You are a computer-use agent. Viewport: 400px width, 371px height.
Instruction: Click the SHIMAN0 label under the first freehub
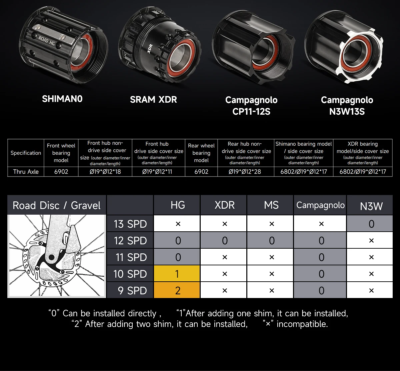(62, 99)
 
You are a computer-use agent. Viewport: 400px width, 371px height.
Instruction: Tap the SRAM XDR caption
(153, 100)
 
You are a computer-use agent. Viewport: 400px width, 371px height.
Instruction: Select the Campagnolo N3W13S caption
(347, 106)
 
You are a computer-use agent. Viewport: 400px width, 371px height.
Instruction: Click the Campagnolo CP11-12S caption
(251, 106)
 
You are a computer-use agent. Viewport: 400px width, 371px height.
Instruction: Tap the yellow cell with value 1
(177, 274)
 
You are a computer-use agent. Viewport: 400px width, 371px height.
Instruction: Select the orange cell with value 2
(177, 290)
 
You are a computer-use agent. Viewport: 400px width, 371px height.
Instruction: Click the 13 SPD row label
(130, 224)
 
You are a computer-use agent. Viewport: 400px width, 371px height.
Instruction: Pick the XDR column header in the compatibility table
(224, 205)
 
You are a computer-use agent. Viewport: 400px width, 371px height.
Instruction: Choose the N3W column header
(371, 206)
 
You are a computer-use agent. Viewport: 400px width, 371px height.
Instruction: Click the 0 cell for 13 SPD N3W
(371, 224)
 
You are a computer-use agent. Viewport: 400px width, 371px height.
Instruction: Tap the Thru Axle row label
(26, 172)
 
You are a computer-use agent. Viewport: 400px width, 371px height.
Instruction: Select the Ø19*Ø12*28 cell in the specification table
(245, 172)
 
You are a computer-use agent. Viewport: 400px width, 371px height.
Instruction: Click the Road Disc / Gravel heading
(56, 205)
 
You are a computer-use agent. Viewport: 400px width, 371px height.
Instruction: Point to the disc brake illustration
(57, 256)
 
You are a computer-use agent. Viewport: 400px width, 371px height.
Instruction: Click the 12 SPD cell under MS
(271, 241)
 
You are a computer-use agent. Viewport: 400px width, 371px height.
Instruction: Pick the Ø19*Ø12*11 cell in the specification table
(157, 172)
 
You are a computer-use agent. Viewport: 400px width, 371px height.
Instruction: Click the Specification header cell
(26, 153)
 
